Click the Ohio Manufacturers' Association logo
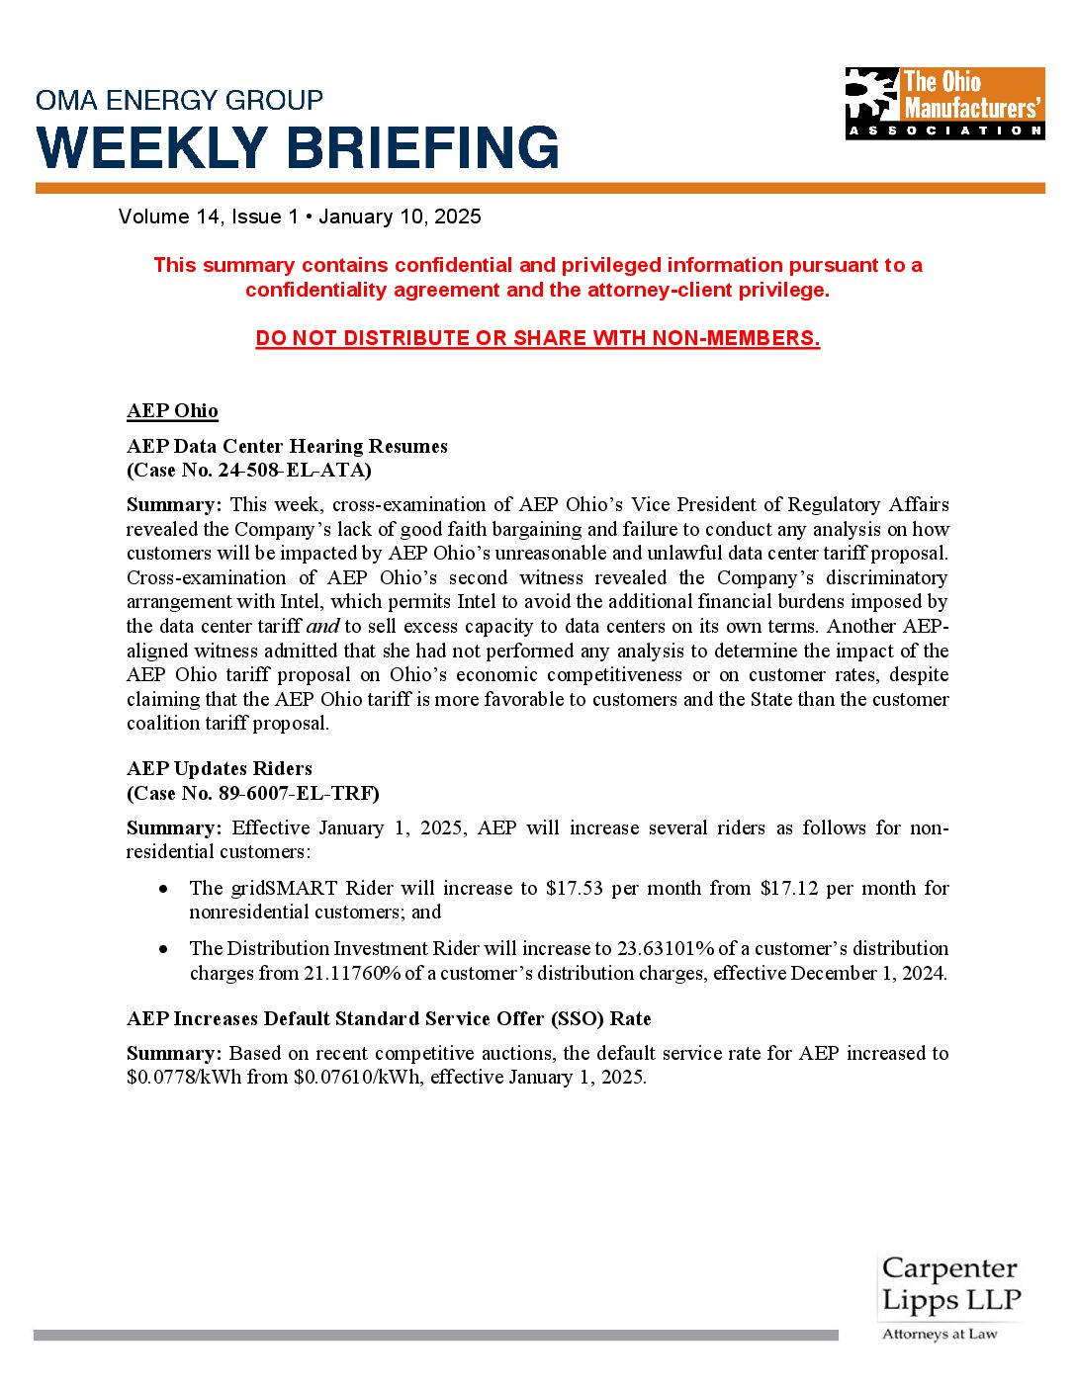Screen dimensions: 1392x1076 pos(944,103)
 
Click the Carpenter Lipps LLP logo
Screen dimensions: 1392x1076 pos(949,1296)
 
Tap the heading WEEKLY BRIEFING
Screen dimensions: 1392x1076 pos(298,148)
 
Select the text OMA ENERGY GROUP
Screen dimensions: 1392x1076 pos(179,100)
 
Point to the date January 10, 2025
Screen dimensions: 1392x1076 pos(400,217)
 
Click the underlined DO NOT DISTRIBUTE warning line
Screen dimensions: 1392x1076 pos(537,338)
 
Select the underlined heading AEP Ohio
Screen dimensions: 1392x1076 pos(172,410)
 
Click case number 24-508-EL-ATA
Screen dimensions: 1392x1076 pos(294,470)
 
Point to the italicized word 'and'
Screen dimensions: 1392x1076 pos(322,626)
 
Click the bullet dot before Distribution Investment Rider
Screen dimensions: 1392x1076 pos(163,949)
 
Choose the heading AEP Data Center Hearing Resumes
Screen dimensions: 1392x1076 pos(287,446)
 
